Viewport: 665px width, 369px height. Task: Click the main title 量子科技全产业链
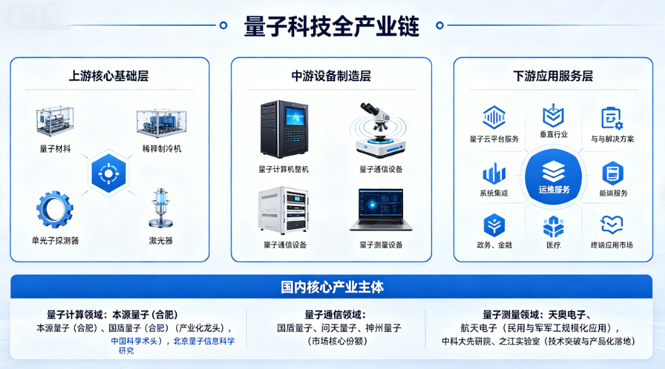click(332, 26)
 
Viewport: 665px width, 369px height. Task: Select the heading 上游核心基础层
click(109, 76)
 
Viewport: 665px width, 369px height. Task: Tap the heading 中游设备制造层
click(331, 76)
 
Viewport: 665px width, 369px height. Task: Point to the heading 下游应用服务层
click(553, 76)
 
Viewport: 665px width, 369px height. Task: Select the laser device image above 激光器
click(161, 207)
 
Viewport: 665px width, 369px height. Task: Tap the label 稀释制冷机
click(162, 149)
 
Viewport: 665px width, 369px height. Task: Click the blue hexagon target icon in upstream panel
click(108, 172)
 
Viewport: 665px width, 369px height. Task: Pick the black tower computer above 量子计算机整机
click(284, 129)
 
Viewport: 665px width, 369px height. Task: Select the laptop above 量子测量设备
click(381, 210)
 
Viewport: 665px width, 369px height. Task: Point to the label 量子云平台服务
click(494, 139)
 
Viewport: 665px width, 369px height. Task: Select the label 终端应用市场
click(611, 245)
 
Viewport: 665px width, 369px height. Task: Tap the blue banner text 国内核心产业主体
click(332, 287)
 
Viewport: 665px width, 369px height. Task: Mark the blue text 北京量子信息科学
click(204, 341)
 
